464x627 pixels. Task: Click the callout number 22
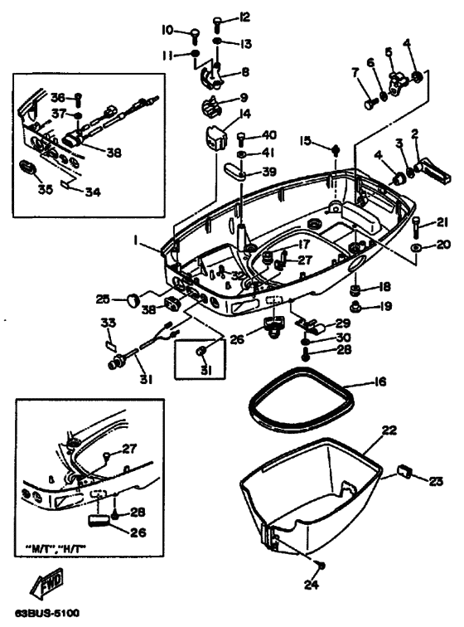tap(389, 430)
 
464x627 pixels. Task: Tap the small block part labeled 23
tap(405, 472)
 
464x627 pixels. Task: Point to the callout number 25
tap(103, 298)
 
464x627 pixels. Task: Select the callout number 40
tap(269, 136)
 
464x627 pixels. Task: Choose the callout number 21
tap(442, 221)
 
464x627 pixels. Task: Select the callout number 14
tap(245, 114)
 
